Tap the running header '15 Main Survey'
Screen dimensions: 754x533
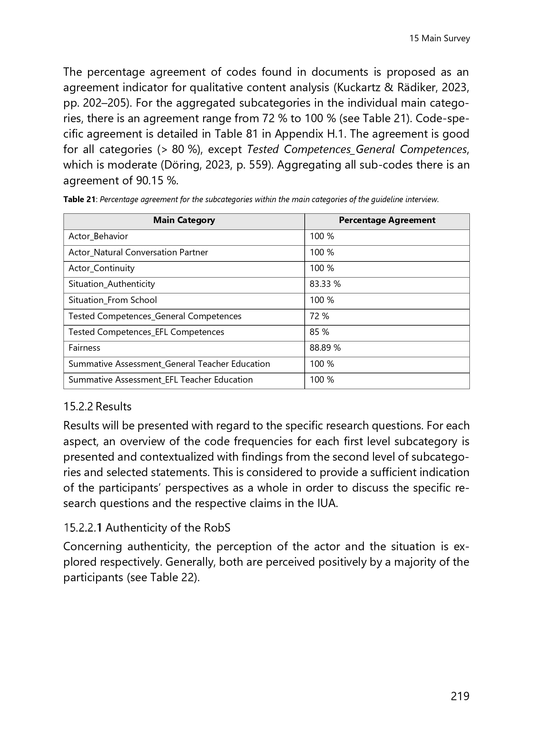click(439, 38)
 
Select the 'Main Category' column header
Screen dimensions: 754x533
click(184, 220)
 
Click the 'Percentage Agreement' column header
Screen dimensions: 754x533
click(387, 220)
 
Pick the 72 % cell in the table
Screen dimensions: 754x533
click(319, 316)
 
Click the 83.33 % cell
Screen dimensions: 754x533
click(325, 284)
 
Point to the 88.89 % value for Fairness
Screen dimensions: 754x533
click(325, 348)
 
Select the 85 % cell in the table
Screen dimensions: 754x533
click(319, 332)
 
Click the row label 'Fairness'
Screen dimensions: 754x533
click(84, 348)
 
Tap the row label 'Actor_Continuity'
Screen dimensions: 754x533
click(102, 268)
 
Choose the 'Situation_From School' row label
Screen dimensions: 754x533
click(113, 300)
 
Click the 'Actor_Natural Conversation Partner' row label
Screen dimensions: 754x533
click(138, 252)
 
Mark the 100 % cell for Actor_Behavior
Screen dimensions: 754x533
click(322, 236)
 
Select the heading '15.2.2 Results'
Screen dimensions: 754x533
click(97, 406)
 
